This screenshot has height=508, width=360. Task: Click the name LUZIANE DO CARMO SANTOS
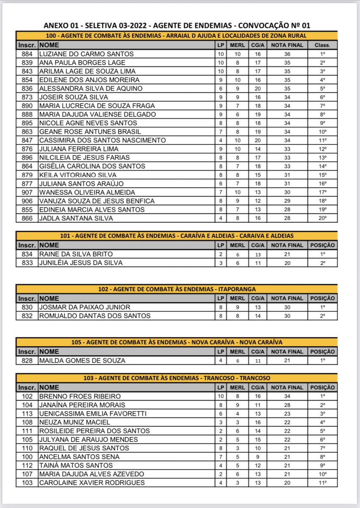[x=86, y=54]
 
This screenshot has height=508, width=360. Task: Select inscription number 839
[x=27, y=63]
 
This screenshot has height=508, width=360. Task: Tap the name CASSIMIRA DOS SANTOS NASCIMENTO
[x=102, y=140]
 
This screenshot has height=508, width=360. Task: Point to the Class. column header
[x=322, y=45]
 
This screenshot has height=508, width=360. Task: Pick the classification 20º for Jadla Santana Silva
[x=322, y=218]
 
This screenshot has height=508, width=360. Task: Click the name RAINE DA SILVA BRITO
[x=76, y=254]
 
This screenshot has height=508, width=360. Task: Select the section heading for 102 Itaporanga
[x=177, y=289]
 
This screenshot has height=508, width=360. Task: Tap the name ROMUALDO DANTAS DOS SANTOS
[x=94, y=316]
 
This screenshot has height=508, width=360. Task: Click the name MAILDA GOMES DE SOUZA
[x=82, y=361]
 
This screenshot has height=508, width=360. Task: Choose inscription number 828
[x=27, y=361]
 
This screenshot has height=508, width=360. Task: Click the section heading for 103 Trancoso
[x=177, y=378]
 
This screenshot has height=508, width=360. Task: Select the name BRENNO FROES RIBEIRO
[x=80, y=396]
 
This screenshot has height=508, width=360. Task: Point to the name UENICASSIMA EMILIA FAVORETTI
[x=93, y=414]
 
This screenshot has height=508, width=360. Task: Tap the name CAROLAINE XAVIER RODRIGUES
[x=92, y=483]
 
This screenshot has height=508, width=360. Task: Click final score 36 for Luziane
[x=287, y=54]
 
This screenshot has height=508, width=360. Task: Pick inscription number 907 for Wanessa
[x=27, y=192]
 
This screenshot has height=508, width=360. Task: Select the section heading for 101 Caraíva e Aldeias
[x=177, y=236]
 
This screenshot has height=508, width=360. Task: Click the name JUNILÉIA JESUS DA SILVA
[x=81, y=263]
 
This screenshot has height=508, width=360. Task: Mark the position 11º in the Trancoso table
[x=322, y=483]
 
